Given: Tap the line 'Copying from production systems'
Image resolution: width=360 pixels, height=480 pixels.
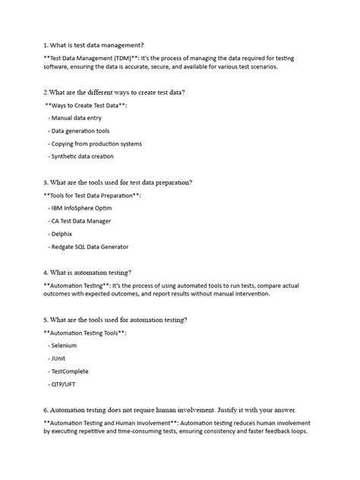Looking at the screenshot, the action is (96, 144).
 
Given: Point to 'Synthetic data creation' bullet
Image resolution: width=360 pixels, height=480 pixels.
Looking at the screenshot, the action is (84, 156).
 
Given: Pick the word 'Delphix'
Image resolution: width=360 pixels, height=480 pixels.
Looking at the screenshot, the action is (64, 234).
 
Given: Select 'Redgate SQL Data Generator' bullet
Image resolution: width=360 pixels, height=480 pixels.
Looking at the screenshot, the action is (90, 247).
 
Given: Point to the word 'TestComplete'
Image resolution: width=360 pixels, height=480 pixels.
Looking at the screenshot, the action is (71, 371).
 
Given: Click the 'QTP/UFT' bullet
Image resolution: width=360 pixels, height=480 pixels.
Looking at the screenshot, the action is (64, 384).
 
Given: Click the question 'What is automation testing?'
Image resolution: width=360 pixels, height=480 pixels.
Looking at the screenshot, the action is (95, 272).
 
